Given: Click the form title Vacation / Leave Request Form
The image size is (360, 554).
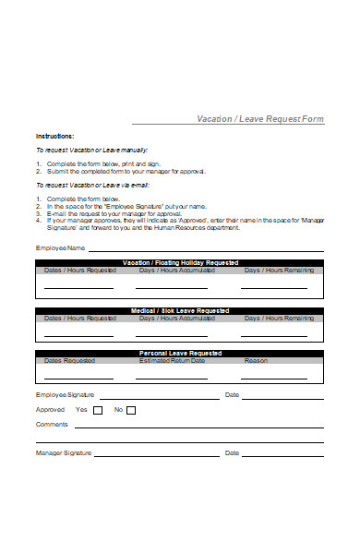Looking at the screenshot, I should coord(260,118).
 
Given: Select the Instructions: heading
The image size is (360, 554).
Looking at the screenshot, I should coord(55,136).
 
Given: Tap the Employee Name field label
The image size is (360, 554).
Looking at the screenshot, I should coord(60,248).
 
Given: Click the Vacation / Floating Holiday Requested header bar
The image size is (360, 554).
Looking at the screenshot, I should coord(180,263).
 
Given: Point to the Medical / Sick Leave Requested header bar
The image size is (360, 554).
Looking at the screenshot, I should coord(180,310).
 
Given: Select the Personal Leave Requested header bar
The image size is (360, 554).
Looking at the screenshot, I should coord(180,354).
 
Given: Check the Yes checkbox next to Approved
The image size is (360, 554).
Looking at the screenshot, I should coord(95,410).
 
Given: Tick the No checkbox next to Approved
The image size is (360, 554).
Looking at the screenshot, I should coord(130,410).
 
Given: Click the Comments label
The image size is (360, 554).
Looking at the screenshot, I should coord(52,424).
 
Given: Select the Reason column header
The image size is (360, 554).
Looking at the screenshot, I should coord(256,361).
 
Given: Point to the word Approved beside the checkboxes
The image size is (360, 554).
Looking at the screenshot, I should coord(50,409).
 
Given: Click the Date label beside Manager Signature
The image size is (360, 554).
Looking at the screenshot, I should coord(232,452).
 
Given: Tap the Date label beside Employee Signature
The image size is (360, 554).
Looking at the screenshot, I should coord(232,394).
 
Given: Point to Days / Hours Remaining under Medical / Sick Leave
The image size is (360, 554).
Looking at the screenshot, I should coord(279,318).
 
